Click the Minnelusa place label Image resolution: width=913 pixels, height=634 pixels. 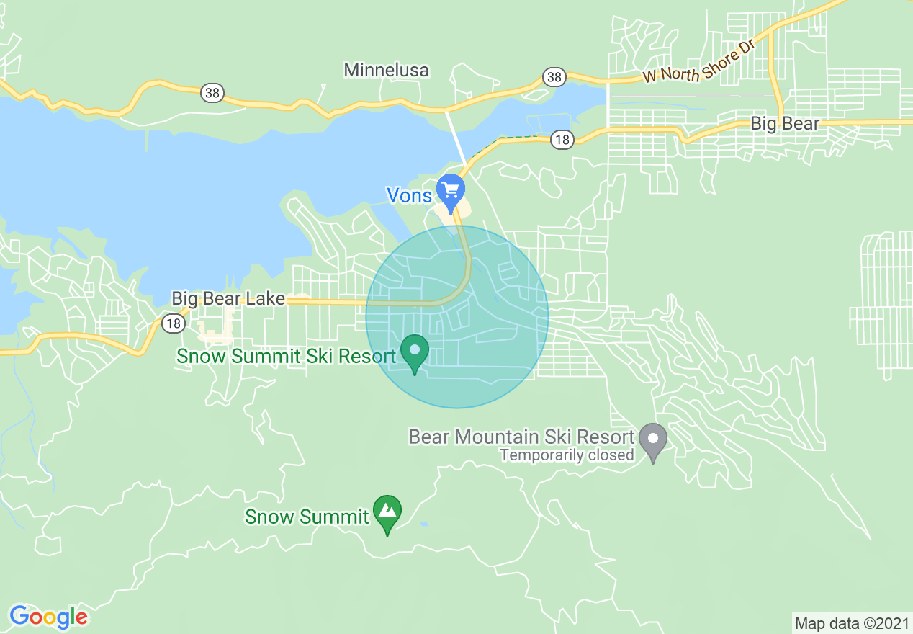pos(386,70)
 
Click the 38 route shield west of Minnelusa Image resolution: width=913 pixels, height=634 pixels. pos(212,93)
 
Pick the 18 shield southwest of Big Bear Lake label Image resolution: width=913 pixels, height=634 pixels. pos(173,323)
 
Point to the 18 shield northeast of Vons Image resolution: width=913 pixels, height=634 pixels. pos(562,140)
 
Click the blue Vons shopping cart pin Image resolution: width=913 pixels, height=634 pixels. pos(451,190)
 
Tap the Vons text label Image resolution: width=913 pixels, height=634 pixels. pos(409,195)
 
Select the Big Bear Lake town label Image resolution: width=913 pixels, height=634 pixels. pos(228,298)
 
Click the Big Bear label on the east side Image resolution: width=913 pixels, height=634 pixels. pos(785,123)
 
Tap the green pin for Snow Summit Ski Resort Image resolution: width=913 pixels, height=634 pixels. pos(415,352)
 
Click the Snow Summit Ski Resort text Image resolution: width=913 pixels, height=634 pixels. pos(286,356)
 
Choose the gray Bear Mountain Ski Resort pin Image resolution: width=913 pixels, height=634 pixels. pos(653,440)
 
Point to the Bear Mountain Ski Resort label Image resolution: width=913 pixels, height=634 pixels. pos(521,437)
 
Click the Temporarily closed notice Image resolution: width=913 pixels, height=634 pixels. pos(567,455)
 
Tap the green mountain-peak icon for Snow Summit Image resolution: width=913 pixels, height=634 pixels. pos(387,512)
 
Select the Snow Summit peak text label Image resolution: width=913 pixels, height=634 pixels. pos(307,517)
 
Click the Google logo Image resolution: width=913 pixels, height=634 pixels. pos(48,617)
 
